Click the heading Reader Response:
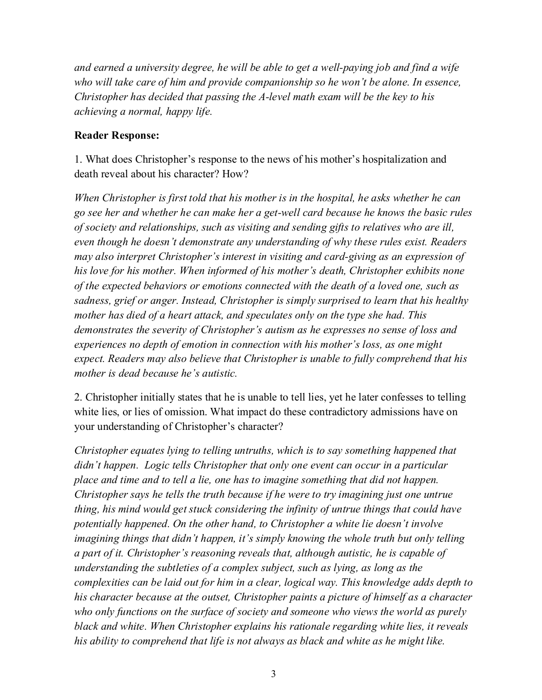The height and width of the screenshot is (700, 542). [117, 135]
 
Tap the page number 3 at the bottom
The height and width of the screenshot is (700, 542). [273, 675]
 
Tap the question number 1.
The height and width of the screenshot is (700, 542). [77, 159]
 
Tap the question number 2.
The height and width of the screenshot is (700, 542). [77, 397]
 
